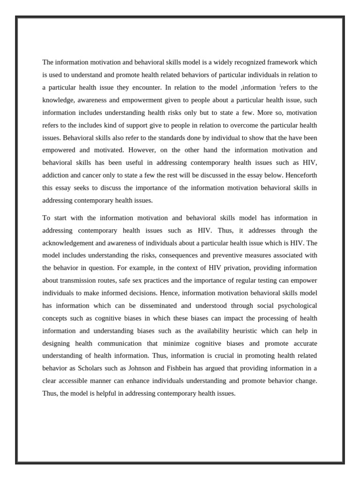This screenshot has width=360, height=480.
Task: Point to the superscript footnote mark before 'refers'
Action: [x=280, y=86]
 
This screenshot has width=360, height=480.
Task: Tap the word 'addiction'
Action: [x=55, y=176]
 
